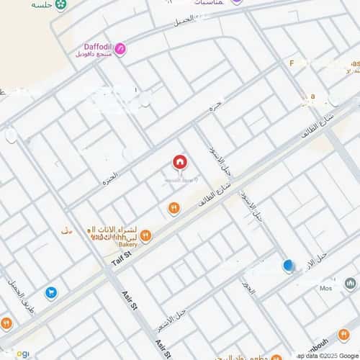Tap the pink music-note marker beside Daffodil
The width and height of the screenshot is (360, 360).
point(120,49)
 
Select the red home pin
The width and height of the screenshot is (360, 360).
point(179,163)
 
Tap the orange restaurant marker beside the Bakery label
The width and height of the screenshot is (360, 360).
point(145,235)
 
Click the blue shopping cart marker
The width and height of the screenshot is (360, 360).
point(51,292)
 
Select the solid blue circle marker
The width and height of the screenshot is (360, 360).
point(288,266)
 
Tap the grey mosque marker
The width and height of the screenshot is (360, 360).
point(351,284)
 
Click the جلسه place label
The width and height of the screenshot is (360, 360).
point(42,5)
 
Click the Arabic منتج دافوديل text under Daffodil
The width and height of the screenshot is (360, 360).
point(94,55)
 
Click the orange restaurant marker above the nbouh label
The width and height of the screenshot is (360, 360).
point(343,334)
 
